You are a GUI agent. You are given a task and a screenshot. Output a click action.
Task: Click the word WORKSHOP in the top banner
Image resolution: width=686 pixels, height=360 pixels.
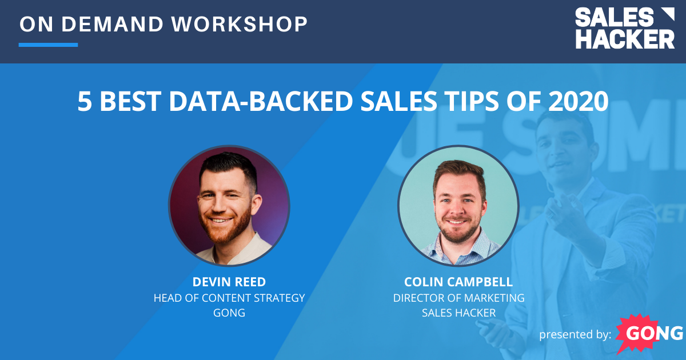[x=240, y=24]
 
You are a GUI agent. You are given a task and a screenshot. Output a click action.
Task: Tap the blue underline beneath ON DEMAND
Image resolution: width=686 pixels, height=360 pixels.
[x=48, y=45]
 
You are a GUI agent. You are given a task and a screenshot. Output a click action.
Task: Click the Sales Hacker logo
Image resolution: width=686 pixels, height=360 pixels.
[x=624, y=29]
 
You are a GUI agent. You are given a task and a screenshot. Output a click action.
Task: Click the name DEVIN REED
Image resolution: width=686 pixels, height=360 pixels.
[x=229, y=282]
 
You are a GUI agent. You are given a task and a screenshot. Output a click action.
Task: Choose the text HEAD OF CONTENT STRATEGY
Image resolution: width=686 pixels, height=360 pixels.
[x=229, y=298]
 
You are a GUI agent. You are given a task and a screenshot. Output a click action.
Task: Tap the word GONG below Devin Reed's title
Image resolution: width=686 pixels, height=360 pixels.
[x=229, y=313]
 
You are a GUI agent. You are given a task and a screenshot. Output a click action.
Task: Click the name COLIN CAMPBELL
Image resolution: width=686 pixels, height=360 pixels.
[x=458, y=282]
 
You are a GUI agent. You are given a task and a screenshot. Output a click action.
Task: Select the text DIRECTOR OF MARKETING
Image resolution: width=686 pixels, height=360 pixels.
[x=458, y=298]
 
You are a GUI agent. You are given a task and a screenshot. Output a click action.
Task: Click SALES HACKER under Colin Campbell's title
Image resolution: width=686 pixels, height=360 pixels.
[x=458, y=313]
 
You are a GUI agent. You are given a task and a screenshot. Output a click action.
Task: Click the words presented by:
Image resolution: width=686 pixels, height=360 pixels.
[x=575, y=334]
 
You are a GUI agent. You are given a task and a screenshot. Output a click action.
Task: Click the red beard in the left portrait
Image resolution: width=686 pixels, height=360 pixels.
[x=229, y=229]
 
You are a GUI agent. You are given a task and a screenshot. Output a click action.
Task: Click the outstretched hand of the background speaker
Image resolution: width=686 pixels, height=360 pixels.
[x=563, y=209]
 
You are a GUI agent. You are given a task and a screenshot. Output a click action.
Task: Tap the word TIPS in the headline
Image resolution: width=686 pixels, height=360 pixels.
[x=482, y=101]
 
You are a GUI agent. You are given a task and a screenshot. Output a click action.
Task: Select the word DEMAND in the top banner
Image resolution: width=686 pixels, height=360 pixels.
[x=120, y=24]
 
